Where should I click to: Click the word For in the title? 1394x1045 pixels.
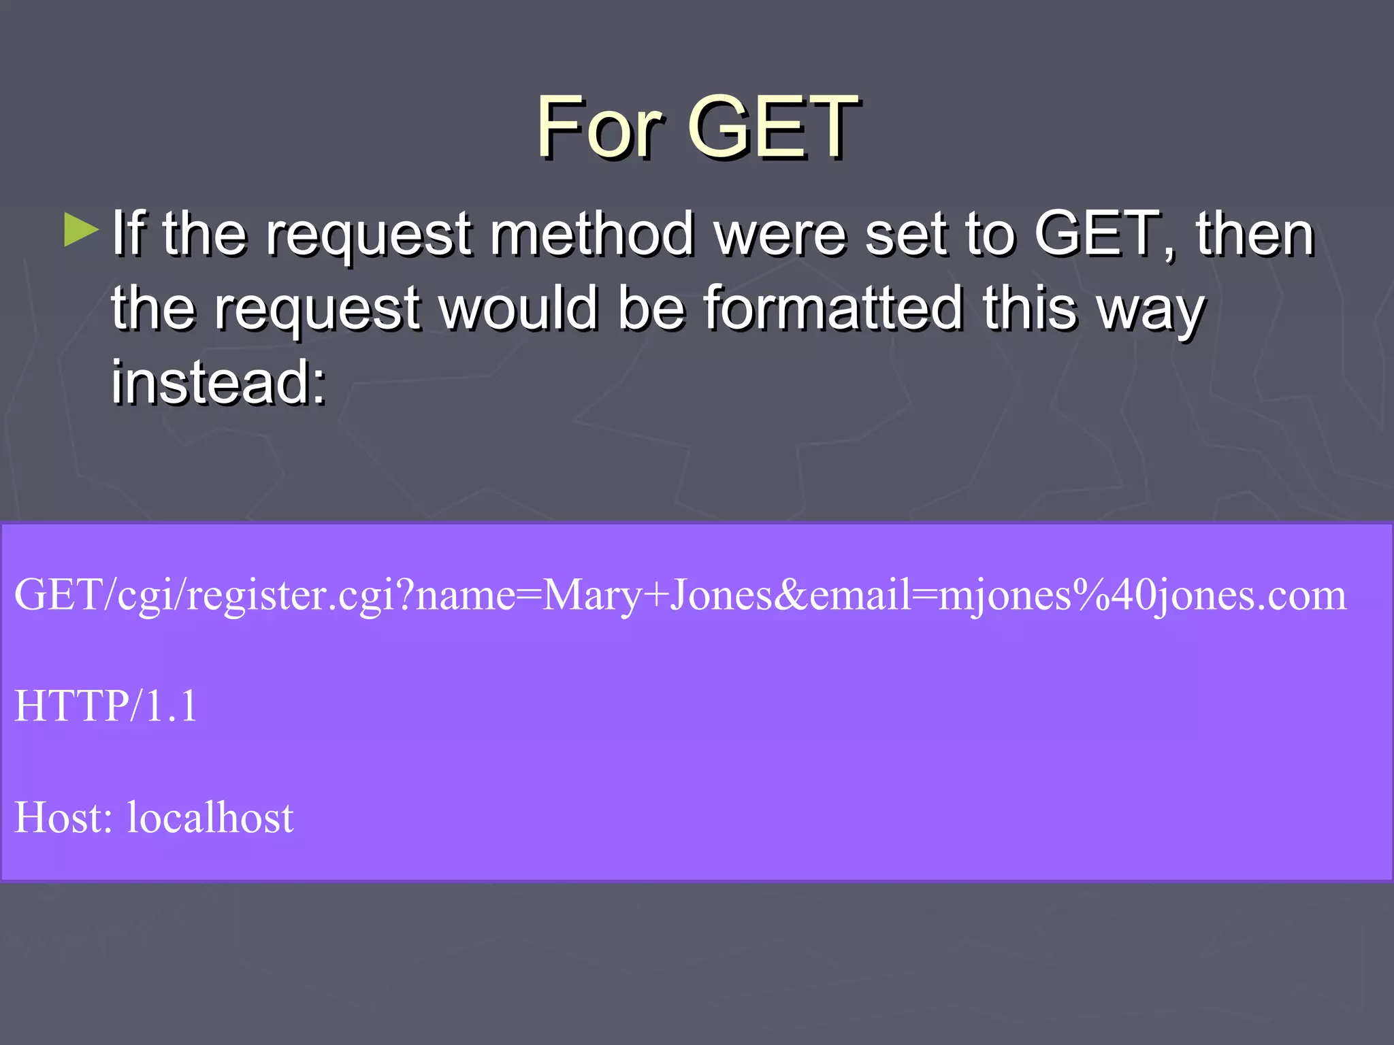600,127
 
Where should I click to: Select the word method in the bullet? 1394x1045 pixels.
591,235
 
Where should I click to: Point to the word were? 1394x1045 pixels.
780,235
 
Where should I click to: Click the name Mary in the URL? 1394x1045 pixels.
591,596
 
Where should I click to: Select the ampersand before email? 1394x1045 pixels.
790,595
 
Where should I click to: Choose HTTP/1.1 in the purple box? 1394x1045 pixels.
106,706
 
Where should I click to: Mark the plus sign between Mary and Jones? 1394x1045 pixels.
655,596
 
